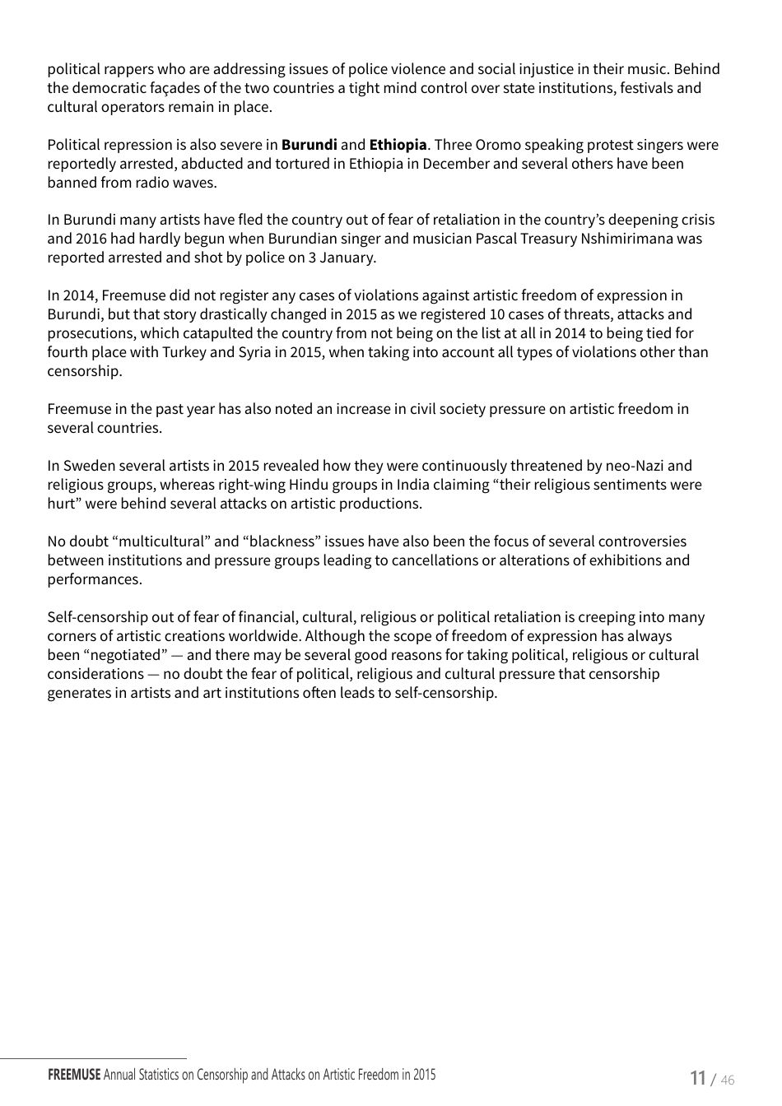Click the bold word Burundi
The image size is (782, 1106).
[309, 145]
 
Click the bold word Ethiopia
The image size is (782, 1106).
[398, 145]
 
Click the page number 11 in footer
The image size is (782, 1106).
[697, 1078]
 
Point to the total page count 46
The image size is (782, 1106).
[727, 1080]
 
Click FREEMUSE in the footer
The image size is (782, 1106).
[74, 1075]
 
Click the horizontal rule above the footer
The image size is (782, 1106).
[93, 1058]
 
